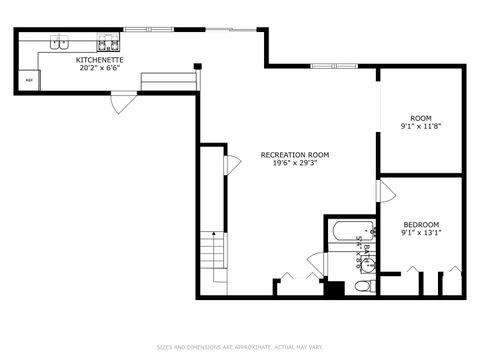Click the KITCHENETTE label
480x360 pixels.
[x=100, y=60]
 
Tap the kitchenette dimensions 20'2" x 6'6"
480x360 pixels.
[x=100, y=68]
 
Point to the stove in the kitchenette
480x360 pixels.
[x=108, y=44]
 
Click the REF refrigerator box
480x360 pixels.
[x=29, y=80]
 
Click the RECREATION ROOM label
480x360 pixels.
[x=294, y=155]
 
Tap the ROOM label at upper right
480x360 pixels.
[x=419, y=116]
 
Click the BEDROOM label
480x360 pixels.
[x=421, y=224]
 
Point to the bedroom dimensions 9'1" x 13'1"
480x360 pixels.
[x=421, y=232]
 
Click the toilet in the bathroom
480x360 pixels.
[x=365, y=286]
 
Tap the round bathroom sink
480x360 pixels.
[x=366, y=264]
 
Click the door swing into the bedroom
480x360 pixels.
[x=384, y=191]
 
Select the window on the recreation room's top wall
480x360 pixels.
[x=332, y=66]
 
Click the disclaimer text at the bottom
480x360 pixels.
[x=240, y=347]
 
